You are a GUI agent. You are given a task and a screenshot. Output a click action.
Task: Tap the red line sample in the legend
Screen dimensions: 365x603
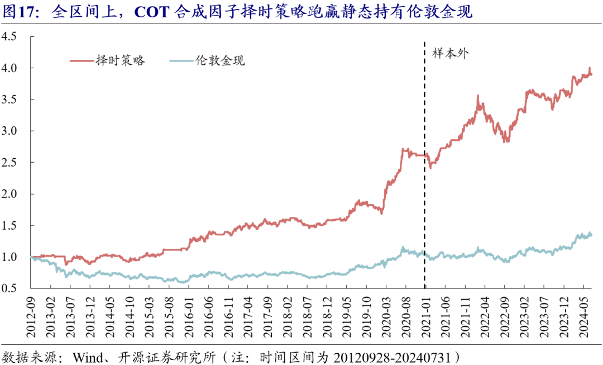(81, 60)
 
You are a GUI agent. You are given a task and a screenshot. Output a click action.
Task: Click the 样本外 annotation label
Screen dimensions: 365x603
(450, 54)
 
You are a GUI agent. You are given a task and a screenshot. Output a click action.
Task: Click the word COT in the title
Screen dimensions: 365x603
(151, 12)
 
